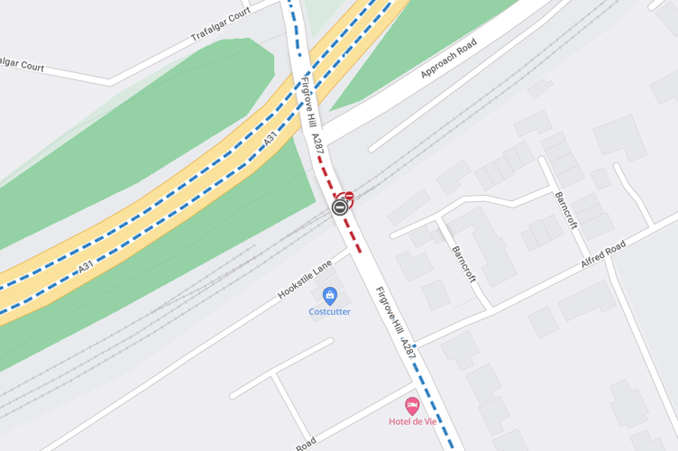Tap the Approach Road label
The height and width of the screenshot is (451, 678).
(449, 60)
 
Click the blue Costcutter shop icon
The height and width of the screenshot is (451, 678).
(329, 296)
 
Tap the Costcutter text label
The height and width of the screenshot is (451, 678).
(329, 311)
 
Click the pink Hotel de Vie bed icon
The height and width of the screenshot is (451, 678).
(412, 406)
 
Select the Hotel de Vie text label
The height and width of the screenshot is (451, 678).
(412, 421)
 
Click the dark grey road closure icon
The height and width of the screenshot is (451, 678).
(340, 207)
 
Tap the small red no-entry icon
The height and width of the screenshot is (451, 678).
(349, 196)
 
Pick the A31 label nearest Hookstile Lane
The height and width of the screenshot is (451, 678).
(87, 267)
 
